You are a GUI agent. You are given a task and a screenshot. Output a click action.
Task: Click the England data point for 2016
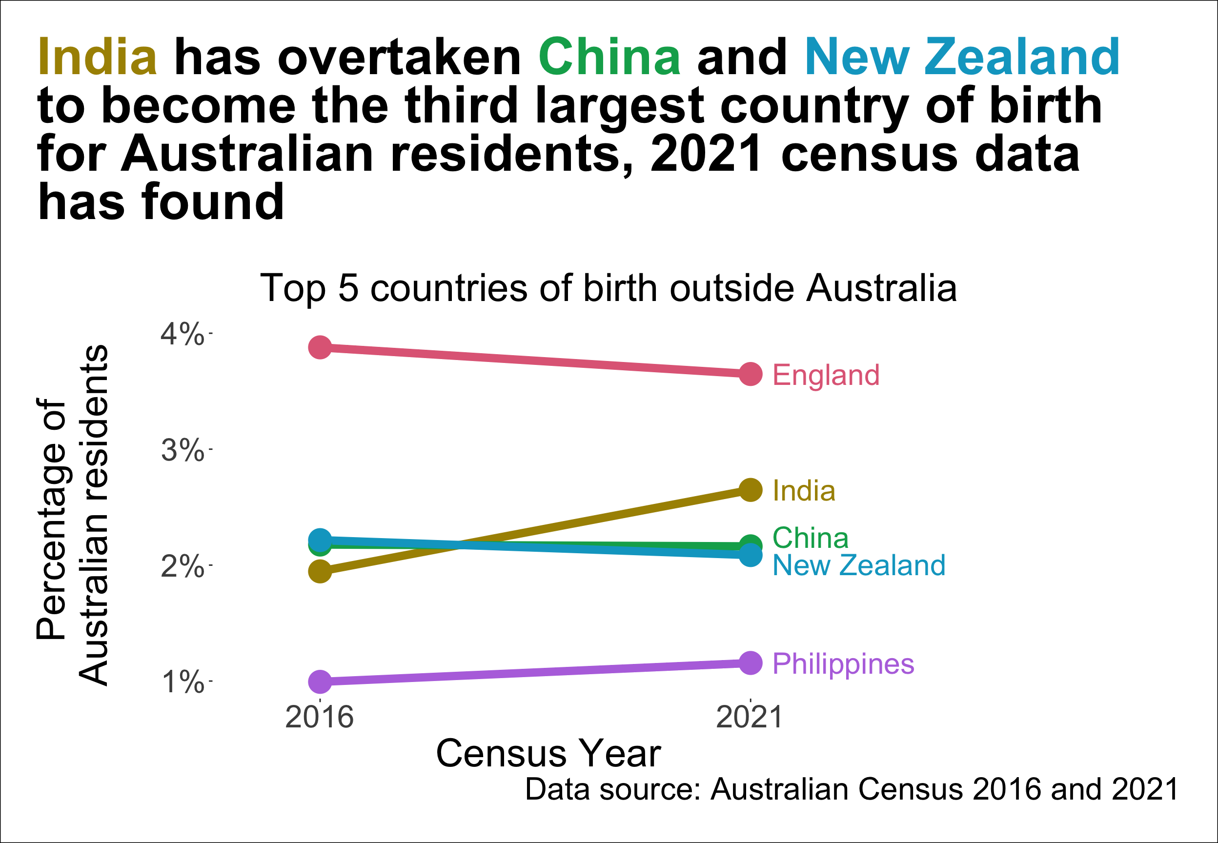tap(320, 347)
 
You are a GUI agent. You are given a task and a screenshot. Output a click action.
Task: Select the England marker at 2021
tap(750, 374)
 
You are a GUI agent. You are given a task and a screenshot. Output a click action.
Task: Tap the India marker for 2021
tap(750, 490)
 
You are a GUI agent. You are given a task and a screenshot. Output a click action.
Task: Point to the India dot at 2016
tap(320, 571)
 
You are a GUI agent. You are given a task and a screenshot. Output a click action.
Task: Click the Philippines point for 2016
tap(320, 682)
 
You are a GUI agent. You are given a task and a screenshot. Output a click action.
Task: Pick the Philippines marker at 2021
tap(750, 662)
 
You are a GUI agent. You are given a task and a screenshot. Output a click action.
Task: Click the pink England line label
tap(826, 375)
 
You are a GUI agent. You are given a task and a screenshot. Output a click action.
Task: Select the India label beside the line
tap(803, 491)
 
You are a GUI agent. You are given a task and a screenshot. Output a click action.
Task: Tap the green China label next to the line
tap(810, 538)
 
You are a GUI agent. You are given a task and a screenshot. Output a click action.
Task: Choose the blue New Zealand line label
tap(858, 565)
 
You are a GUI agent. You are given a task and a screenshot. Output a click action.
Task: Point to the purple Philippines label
tap(842, 663)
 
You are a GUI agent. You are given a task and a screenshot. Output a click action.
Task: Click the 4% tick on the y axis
tap(182, 334)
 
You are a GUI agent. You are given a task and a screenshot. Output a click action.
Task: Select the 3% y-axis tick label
tap(182, 450)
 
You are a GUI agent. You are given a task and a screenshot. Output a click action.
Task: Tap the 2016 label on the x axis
tap(319, 717)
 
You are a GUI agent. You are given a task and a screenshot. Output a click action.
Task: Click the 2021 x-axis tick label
tap(749, 717)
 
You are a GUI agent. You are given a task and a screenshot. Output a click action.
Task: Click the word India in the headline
tap(97, 57)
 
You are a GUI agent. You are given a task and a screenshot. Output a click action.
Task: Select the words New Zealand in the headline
tap(961, 57)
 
